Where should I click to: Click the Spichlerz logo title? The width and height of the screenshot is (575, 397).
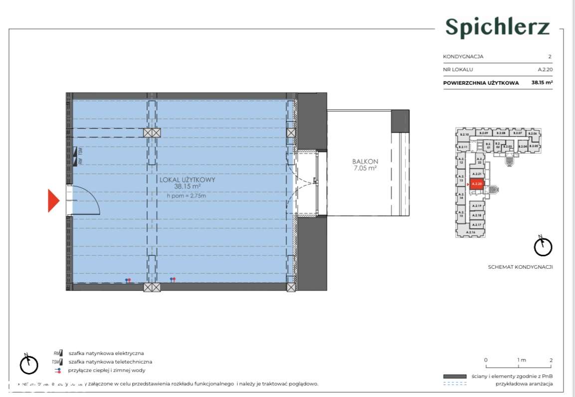tap(497, 27)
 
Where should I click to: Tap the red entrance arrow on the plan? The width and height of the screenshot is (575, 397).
tap(53, 200)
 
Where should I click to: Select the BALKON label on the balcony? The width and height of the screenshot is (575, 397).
tap(365, 162)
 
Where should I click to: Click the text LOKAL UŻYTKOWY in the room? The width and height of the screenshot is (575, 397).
tap(187, 180)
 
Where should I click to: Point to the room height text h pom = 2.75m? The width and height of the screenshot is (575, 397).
tap(186, 196)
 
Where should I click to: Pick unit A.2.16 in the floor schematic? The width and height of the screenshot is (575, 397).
tap(471, 232)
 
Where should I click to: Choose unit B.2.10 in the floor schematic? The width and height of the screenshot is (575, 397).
tap(464, 135)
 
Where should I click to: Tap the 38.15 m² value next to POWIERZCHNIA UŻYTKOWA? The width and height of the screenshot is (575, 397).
tap(542, 83)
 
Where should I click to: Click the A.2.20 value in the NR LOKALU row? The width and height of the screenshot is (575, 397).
tap(544, 70)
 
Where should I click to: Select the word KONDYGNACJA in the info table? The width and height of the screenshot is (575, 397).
tap(463, 57)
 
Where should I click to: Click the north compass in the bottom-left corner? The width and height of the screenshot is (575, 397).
tap(29, 364)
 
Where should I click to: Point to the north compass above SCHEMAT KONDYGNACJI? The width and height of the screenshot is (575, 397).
tap(543, 245)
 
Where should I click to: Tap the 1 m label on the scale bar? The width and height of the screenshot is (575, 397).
tap(521, 360)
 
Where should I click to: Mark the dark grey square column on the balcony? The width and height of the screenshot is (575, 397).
tap(400, 121)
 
